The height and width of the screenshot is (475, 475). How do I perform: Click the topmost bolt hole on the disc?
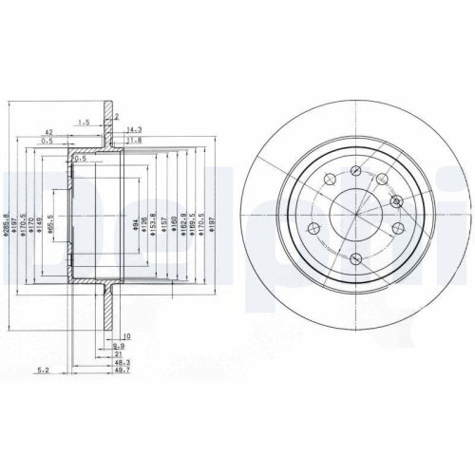(x=354, y=172)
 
